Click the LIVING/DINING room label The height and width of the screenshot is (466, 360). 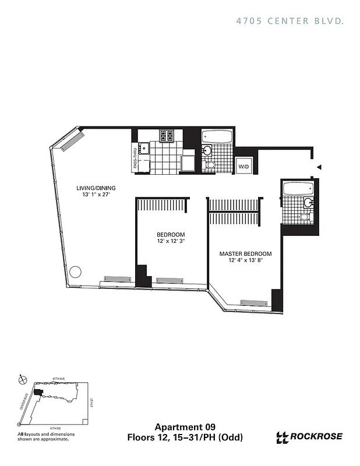tap(96, 188)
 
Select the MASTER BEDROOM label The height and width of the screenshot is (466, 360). tap(245, 254)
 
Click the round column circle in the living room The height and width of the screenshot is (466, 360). tap(75, 272)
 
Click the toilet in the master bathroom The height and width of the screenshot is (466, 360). tap(304, 217)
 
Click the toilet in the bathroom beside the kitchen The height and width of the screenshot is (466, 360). tap(210, 165)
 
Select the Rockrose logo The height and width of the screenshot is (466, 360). tap(309, 437)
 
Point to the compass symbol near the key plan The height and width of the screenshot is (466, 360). tap(22, 379)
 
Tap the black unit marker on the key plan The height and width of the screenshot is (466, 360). tap(38, 393)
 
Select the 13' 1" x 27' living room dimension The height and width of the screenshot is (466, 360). tap(96, 196)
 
